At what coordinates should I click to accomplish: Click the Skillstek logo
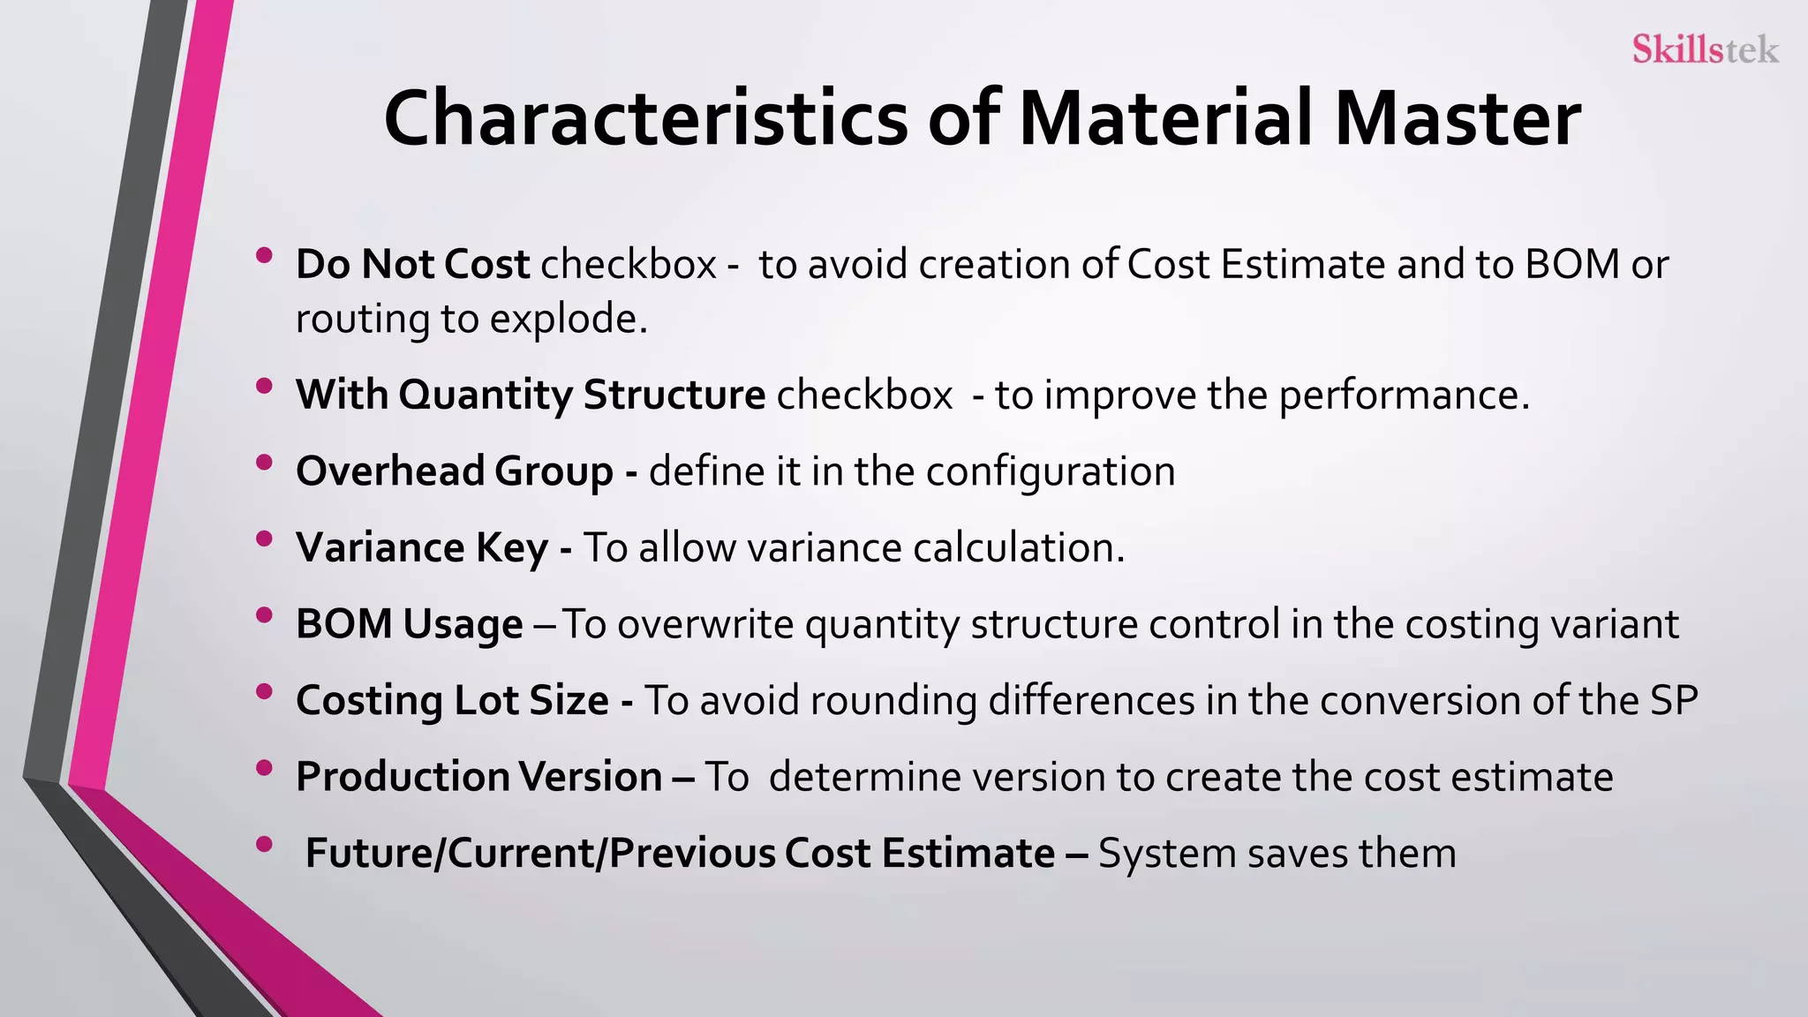1704,49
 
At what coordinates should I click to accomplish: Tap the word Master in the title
1458,119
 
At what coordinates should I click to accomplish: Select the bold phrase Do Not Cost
412,265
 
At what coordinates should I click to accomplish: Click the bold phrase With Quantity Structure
531,395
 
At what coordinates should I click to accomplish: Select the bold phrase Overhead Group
455,471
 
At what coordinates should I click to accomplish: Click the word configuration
1051,471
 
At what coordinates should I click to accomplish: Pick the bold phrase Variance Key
422,548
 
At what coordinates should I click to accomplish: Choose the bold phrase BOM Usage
410,624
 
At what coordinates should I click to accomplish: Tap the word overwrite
705,624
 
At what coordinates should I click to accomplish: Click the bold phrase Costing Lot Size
452,701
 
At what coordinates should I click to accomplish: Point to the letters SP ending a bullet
1673,701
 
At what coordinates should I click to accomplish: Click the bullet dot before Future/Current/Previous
264,845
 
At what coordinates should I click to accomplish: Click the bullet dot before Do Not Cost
264,256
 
